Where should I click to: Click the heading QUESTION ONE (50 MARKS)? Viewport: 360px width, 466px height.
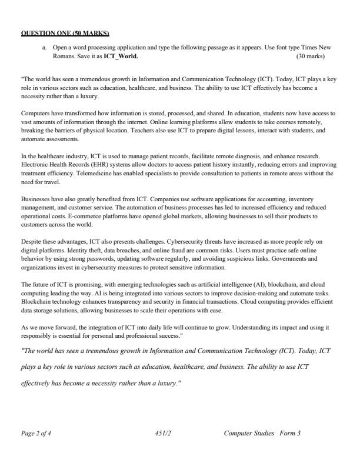pyautogui.click(x=65, y=32)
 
